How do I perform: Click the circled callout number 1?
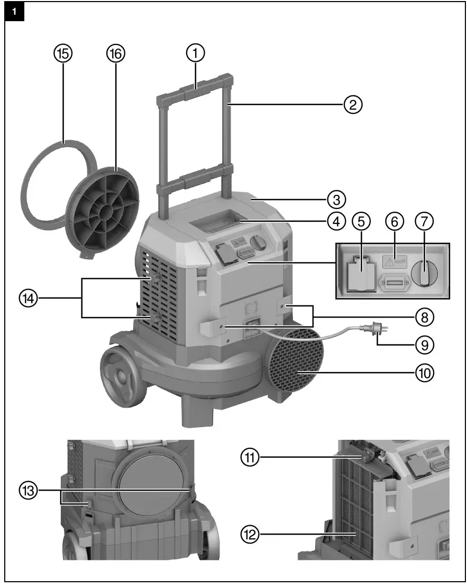pos(195,53)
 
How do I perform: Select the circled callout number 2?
pos(353,104)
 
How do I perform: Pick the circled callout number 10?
pos(424,372)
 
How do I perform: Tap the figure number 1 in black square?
pos(14,12)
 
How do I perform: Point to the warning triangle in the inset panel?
pos(390,260)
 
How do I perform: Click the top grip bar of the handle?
pos(195,85)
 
